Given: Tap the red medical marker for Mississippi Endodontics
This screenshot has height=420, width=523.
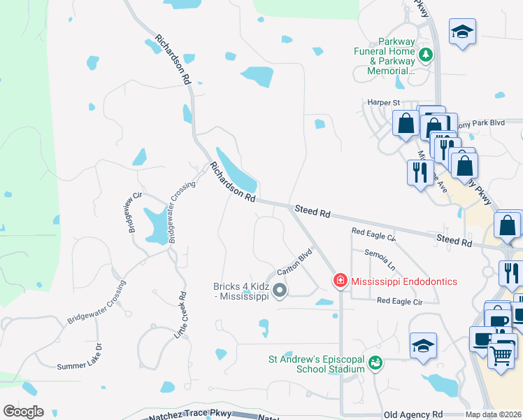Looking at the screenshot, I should pyautogui.click(x=341, y=281).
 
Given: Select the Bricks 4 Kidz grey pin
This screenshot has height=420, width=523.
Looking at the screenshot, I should pyautogui.click(x=280, y=290).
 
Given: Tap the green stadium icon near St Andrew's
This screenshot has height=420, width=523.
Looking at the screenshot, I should pyautogui.click(x=375, y=363).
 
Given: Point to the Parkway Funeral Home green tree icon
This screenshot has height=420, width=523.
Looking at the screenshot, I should pyautogui.click(x=425, y=55).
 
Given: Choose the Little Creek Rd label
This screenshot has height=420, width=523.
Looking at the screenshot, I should pyautogui.click(x=180, y=316).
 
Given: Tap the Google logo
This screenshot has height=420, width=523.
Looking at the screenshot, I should pyautogui.click(x=23, y=412).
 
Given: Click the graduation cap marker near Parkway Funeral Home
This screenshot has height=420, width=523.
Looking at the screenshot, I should pyautogui.click(x=462, y=32).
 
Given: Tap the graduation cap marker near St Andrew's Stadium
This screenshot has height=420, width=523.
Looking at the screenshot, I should pyautogui.click(x=423, y=346).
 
